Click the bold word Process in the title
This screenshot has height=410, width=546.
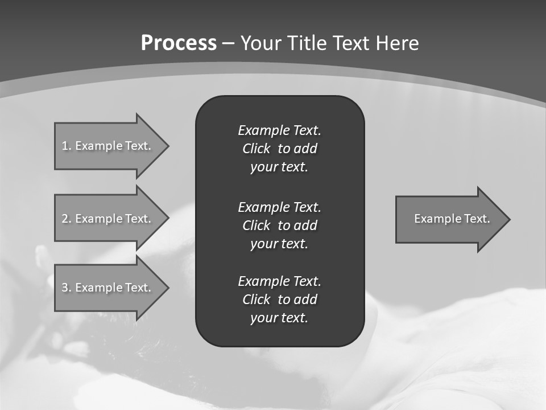click(179, 43)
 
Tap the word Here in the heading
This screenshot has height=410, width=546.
click(397, 43)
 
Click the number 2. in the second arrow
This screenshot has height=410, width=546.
click(66, 219)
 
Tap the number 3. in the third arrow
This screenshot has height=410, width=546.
click(66, 288)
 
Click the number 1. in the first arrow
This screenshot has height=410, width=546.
click(66, 146)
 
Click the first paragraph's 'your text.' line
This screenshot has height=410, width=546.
click(279, 167)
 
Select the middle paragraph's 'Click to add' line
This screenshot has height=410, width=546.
click(279, 225)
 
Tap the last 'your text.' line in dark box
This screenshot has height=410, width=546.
click(279, 318)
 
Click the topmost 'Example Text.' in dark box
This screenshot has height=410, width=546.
click(279, 130)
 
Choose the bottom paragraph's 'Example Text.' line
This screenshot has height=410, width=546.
click(279, 281)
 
